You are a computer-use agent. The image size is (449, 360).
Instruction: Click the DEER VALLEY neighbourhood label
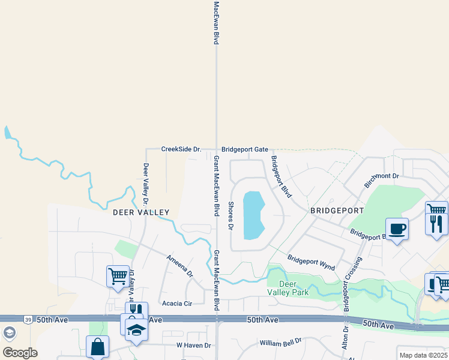(141, 212)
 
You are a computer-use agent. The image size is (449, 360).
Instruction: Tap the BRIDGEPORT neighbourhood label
(337, 211)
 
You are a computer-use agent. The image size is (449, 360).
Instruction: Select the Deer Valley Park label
(288, 288)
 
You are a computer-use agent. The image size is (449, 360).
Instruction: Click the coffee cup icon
(397, 229)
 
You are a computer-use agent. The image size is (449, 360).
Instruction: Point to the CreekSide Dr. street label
(180, 149)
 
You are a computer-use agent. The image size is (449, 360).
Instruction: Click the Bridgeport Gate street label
(244, 149)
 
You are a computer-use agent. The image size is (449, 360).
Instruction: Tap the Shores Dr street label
(230, 215)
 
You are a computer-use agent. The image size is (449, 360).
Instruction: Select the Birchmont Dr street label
(381, 176)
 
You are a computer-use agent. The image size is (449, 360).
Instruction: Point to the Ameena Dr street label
(180, 265)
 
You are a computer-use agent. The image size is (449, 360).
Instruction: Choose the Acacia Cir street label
(176, 304)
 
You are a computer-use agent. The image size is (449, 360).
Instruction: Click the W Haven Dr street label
(194, 346)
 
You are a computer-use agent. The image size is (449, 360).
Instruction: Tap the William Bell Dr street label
(280, 343)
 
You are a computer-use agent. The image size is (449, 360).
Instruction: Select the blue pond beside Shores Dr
(255, 215)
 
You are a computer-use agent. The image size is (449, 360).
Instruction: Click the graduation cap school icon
(136, 331)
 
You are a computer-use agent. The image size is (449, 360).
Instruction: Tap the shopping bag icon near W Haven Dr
(97, 346)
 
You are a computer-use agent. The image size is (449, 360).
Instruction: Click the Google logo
(20, 353)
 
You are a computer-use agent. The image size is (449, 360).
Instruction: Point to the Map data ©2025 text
(424, 355)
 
